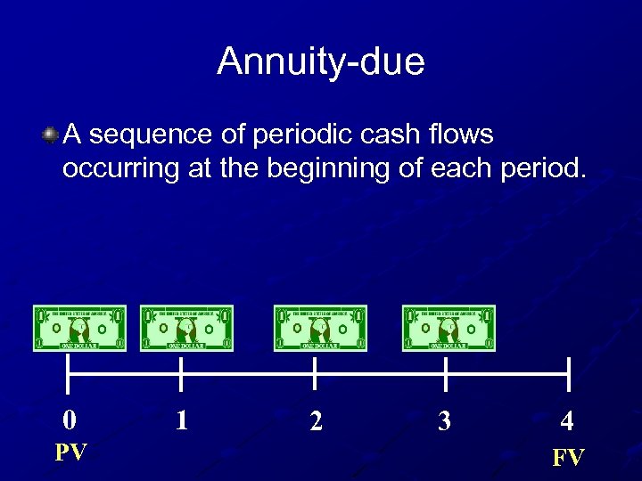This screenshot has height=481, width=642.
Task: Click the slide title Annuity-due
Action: (x=321, y=62)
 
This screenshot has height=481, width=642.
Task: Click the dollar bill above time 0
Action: (x=79, y=329)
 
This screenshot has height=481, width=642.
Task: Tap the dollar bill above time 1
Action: (x=186, y=329)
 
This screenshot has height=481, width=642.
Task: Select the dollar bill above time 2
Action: (x=320, y=329)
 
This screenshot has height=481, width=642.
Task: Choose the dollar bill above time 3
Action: (x=449, y=329)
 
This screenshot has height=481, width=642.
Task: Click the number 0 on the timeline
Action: (x=69, y=420)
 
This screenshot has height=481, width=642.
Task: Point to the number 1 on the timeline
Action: (x=182, y=420)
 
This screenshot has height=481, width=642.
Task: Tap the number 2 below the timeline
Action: (x=316, y=421)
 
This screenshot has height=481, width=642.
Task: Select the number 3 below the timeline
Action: (x=444, y=421)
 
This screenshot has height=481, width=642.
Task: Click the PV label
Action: (x=70, y=452)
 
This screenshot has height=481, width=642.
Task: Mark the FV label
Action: (x=568, y=458)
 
